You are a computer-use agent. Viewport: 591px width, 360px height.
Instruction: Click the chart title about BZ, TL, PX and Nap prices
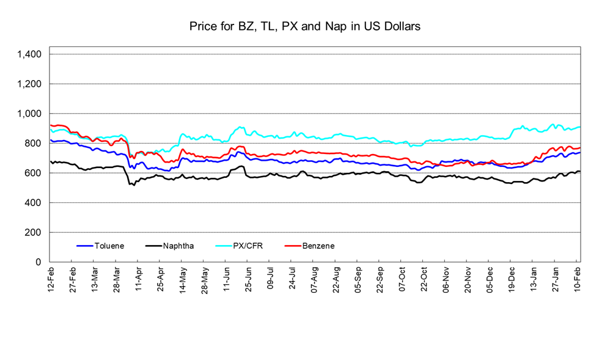(304, 27)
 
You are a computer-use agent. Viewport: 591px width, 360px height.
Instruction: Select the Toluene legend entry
(109, 246)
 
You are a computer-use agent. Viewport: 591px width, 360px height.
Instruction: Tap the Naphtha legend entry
(178, 246)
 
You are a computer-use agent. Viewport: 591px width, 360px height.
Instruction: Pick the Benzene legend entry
(318, 246)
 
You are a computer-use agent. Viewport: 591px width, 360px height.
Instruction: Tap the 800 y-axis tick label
(33, 144)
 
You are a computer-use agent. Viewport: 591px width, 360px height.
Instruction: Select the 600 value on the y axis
(33, 173)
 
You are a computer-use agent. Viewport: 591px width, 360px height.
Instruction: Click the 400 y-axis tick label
(33, 203)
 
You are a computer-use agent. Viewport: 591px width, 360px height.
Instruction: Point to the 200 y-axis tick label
(33, 232)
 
